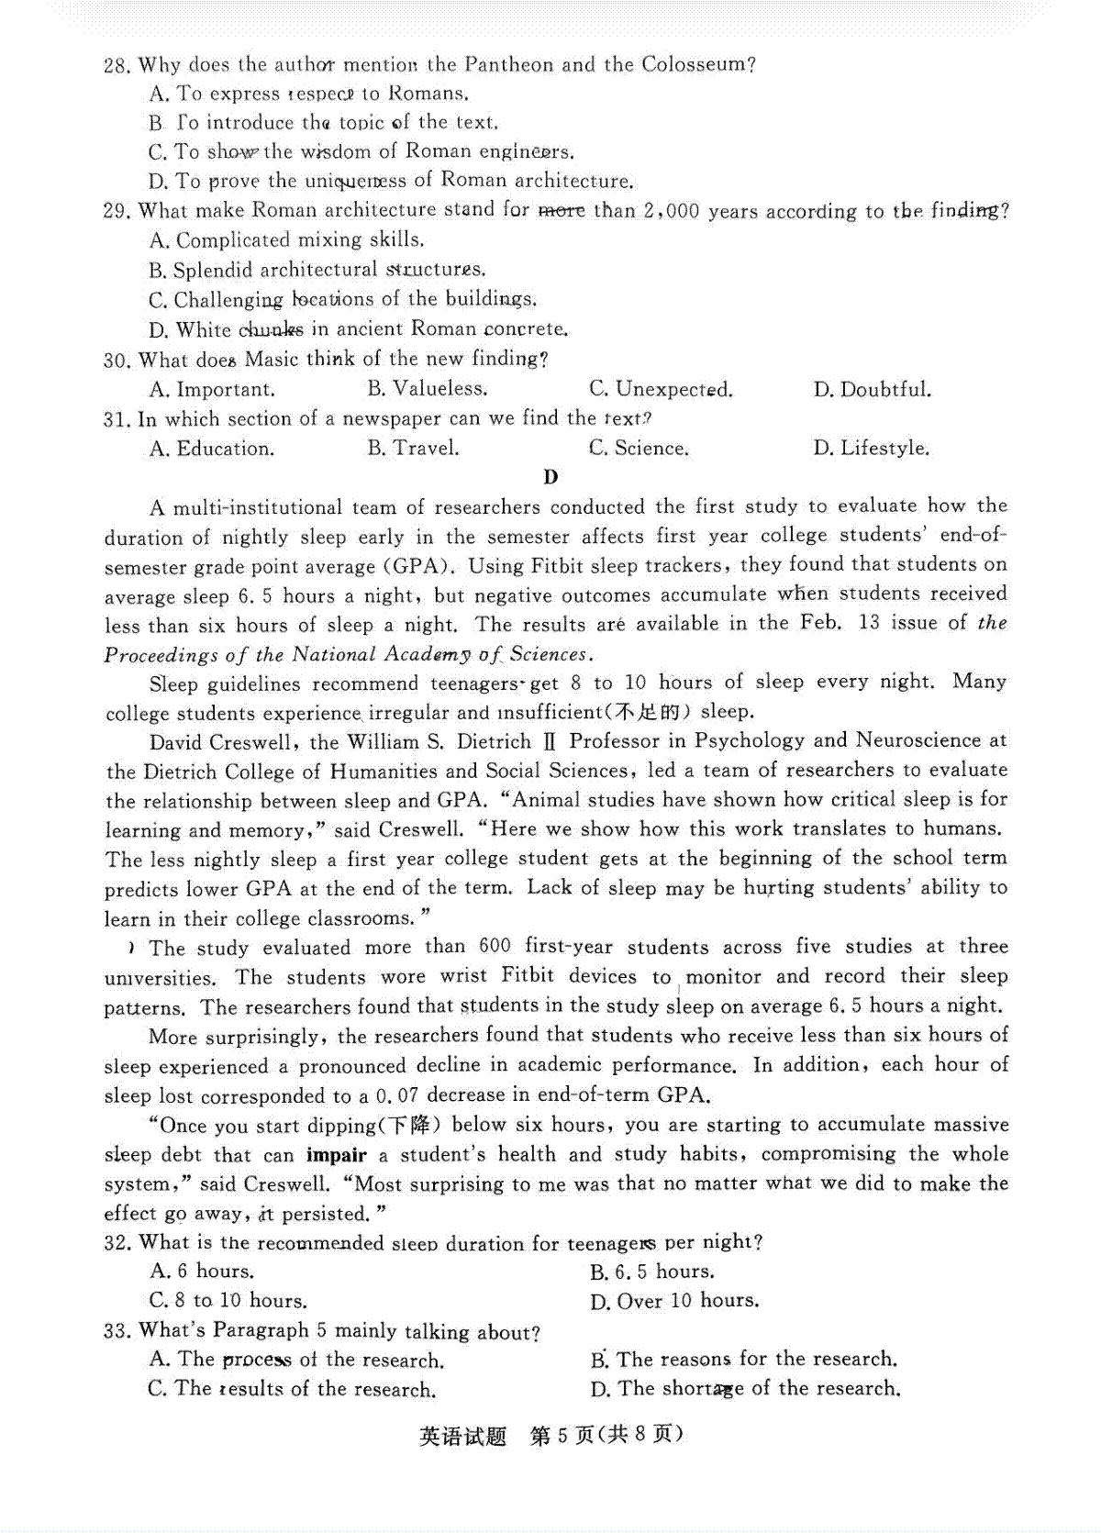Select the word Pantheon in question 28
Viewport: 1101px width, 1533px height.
508,64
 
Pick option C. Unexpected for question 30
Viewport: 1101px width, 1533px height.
661,389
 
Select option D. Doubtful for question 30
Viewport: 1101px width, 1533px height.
872,389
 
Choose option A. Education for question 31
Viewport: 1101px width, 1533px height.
212,449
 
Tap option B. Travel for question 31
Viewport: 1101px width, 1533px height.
413,449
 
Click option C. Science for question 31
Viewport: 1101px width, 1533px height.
639,449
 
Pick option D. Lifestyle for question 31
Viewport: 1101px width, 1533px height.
871,449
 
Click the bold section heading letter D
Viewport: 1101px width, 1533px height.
550,477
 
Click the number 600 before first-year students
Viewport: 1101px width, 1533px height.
495,947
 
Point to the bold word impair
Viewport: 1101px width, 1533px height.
337,1155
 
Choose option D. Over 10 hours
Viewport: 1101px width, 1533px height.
674,1301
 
